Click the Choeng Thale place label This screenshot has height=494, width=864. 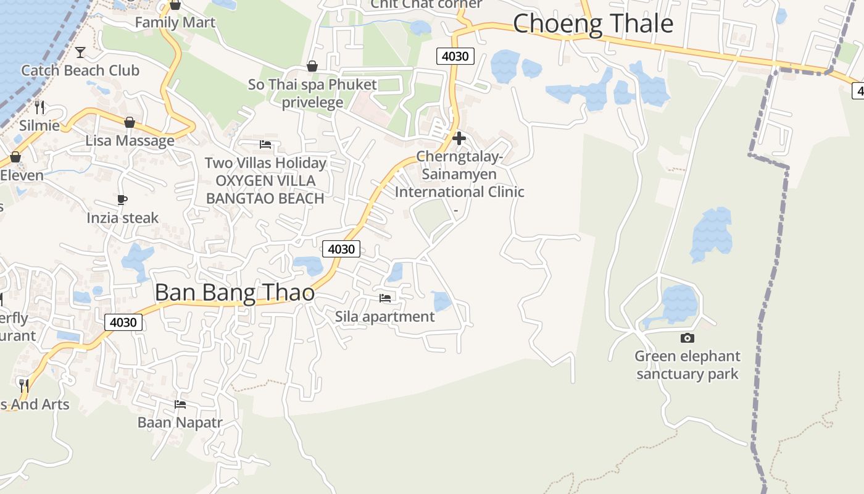(592, 23)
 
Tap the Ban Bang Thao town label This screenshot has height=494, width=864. (235, 292)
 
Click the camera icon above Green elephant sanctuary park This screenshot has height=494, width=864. (687, 338)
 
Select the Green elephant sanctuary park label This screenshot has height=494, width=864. (687, 365)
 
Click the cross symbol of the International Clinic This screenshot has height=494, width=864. (459, 138)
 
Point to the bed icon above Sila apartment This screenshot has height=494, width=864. (385, 298)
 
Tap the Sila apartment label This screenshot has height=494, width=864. (384, 317)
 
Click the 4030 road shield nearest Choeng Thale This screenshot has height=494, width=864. (455, 56)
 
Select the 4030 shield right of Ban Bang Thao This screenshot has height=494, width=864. (341, 249)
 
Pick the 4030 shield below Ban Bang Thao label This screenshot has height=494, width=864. (123, 322)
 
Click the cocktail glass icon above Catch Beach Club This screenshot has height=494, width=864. (80, 52)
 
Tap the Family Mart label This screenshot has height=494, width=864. (175, 23)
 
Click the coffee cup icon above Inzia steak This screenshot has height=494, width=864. (122, 199)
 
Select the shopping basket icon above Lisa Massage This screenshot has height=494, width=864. (130, 122)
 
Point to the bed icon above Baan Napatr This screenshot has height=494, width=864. (180, 404)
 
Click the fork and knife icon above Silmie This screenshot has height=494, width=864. (39, 107)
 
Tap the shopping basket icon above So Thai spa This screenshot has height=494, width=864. (312, 66)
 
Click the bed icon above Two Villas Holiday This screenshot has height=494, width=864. (265, 144)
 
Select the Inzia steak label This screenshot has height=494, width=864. (122, 218)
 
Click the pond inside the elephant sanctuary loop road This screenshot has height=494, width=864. (679, 303)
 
